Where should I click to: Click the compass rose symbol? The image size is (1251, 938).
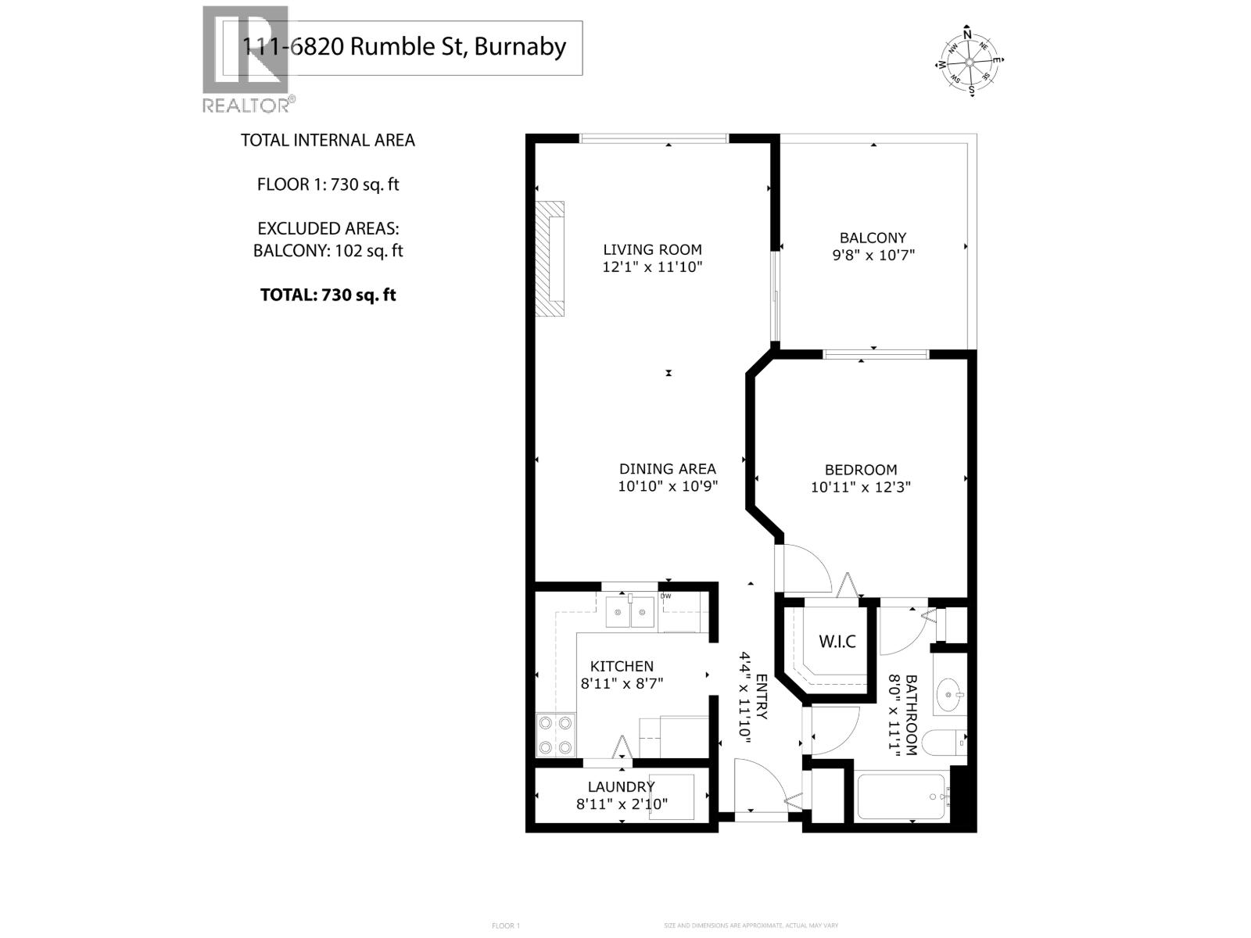[x=970, y=62]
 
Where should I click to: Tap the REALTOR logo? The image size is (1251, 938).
[x=247, y=59]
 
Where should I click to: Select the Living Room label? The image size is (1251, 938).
[x=652, y=249]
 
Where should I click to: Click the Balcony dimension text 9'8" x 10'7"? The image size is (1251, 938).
[x=873, y=255]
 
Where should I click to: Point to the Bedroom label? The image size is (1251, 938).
[x=861, y=470]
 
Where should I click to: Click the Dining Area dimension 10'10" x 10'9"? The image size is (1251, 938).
[x=668, y=486]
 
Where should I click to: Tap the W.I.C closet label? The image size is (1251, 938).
[x=837, y=642]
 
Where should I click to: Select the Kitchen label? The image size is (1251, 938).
[x=622, y=666]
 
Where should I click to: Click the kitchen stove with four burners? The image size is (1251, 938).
[x=555, y=736]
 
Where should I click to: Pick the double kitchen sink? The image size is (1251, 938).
[x=630, y=612]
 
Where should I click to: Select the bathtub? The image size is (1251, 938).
[x=902, y=797]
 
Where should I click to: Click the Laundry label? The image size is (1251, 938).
[x=621, y=787]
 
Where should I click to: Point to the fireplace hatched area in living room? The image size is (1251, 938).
[x=549, y=259]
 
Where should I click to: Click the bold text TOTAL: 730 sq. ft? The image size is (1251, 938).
[x=328, y=295]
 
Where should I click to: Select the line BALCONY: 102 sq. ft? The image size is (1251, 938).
[x=328, y=251]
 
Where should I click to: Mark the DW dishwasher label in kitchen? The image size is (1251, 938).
[x=665, y=596]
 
